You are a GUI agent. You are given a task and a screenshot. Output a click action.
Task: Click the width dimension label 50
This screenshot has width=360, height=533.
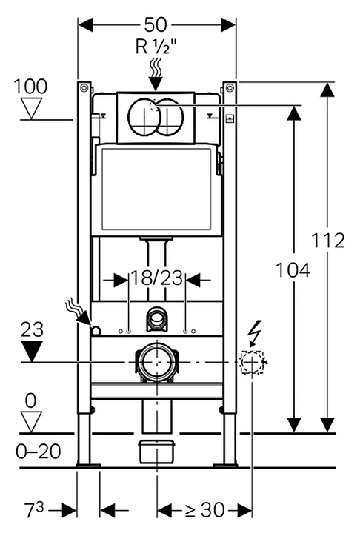pos(156,24)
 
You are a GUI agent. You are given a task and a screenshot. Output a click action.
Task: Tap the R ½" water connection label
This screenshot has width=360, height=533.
pos(157,47)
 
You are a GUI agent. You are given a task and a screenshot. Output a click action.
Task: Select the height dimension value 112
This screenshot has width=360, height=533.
pos(328,241)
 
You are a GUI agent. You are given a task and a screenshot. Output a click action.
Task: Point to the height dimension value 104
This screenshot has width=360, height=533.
pos(293,271)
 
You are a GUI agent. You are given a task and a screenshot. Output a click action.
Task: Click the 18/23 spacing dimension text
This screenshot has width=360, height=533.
pos(157,278)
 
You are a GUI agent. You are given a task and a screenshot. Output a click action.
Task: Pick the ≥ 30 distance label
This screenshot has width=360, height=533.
pos(204,510)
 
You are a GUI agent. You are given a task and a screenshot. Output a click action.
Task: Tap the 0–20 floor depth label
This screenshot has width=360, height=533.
pos(39,452)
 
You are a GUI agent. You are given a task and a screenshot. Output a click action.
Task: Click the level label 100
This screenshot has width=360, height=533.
pos(30,87)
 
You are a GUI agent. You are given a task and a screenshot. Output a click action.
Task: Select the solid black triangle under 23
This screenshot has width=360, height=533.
pos(32,351)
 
